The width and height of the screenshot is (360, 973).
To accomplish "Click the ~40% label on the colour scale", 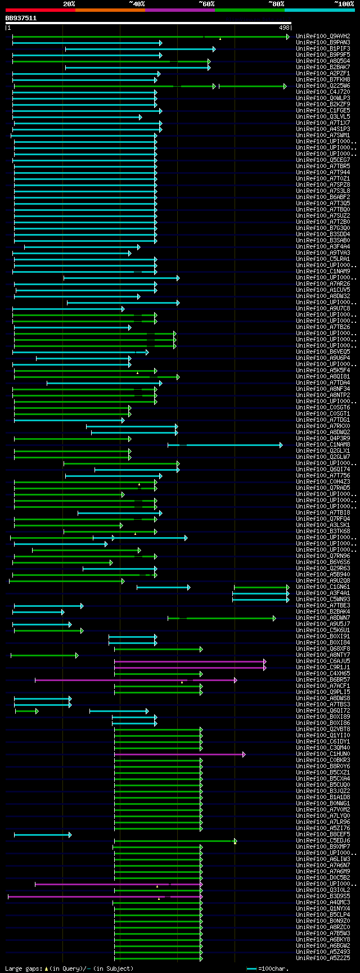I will (137, 4).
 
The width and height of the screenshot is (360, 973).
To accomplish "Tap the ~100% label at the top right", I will (344, 4).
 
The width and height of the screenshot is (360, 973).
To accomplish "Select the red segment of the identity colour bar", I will (40, 10).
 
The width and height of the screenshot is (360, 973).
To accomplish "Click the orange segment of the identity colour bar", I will (110, 10).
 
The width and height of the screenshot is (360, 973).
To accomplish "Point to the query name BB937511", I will (21, 18).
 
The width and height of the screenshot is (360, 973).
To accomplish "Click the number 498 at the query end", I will (284, 28).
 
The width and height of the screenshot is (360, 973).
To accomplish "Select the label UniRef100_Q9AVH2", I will (323, 37).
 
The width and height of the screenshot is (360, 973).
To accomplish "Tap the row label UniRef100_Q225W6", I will (323, 86).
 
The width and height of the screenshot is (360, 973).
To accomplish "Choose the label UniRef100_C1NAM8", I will (323, 445).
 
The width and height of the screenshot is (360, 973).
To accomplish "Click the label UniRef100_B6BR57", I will (323, 680).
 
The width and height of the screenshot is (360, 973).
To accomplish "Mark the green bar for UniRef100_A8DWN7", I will (231, 618).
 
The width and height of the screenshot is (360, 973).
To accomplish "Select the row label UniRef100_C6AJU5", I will (323, 661).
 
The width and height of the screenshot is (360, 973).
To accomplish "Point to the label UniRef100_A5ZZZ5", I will (323, 958).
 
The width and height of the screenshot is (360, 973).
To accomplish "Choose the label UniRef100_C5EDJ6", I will (323, 841).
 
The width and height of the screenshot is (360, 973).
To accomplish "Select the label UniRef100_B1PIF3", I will (323, 49).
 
